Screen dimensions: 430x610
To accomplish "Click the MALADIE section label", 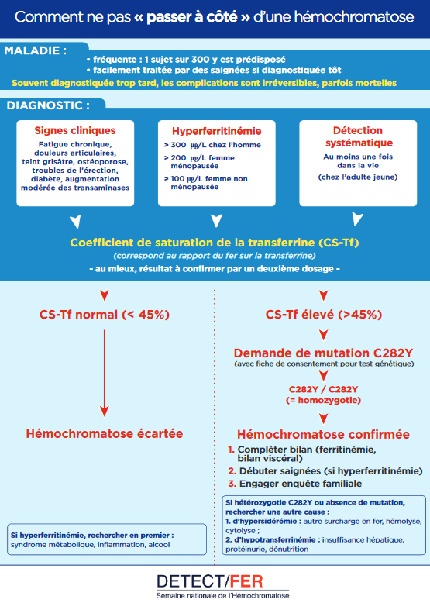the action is [x=36, y=50].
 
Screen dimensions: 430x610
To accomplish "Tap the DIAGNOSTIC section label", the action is [x=48, y=105].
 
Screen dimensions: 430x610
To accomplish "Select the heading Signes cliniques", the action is [x=75, y=131].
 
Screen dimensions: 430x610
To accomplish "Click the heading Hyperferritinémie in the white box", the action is [x=217, y=131].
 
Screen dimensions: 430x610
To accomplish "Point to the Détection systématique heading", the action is [x=359, y=136].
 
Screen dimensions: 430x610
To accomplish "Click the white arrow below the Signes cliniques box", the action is [x=75, y=222].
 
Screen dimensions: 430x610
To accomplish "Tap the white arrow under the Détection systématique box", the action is [x=357, y=219].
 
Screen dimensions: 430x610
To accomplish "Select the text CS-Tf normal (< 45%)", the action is [x=104, y=315].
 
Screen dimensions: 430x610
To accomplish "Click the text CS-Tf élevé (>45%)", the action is [x=324, y=315].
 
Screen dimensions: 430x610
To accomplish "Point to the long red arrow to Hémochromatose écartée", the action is [x=104, y=374].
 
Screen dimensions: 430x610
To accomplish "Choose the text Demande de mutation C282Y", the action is [x=323, y=353].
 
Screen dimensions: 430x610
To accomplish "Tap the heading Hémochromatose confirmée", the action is [x=323, y=434].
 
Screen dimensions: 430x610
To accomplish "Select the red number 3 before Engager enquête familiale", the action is [x=232, y=484].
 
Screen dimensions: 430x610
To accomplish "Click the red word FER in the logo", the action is [x=246, y=581].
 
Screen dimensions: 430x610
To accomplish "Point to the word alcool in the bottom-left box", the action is [x=159, y=545].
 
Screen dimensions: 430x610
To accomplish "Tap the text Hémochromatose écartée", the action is [x=104, y=433].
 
